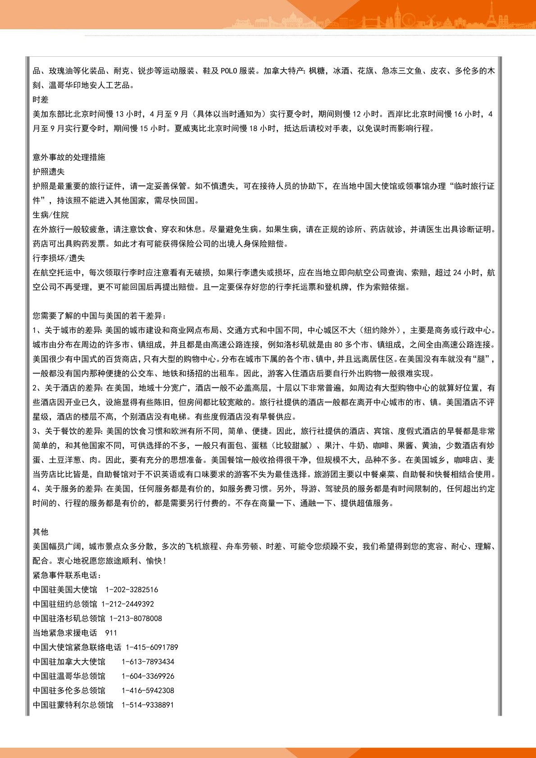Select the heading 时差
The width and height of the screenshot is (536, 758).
click(41, 100)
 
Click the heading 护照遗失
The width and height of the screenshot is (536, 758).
click(49, 172)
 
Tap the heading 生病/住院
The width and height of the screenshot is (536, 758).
click(51, 215)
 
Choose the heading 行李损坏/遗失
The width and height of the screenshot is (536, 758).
click(59, 258)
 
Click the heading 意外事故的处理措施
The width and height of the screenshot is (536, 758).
click(69, 157)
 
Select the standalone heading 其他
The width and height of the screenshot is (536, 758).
click(41, 532)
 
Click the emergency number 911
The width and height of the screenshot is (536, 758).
click(111, 633)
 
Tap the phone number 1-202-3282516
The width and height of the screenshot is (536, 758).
click(132, 590)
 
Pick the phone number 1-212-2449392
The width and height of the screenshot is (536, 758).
click(127, 604)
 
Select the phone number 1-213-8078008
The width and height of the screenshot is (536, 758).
click(136, 618)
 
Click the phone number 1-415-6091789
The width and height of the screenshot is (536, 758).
click(152, 647)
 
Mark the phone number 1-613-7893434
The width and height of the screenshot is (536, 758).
click(148, 662)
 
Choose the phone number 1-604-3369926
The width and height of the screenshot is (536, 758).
click(148, 676)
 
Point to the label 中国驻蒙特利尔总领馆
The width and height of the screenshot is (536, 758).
click(73, 705)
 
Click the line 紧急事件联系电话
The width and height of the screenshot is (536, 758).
click(67, 575)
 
